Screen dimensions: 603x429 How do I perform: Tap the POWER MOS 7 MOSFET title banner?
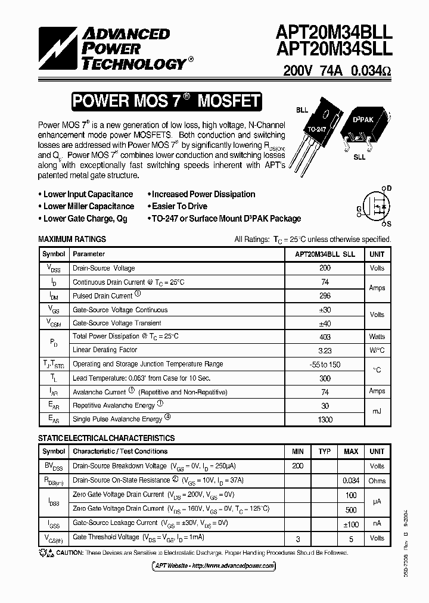(166, 101)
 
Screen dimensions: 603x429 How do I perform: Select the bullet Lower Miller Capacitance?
(88, 206)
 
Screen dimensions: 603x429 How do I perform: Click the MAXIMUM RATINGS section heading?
(72, 239)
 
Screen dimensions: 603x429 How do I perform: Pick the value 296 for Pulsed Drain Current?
(325, 296)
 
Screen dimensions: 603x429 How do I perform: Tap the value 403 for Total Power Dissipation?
(325, 337)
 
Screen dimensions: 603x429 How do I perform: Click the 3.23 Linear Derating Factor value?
(325, 350)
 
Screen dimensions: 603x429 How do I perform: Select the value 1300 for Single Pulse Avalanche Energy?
(325, 419)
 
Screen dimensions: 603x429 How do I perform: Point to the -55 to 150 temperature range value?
(325, 364)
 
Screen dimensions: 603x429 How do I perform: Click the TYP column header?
(324, 452)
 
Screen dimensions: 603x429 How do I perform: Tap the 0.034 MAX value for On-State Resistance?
(350, 480)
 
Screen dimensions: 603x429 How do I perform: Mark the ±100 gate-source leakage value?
(350, 523)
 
